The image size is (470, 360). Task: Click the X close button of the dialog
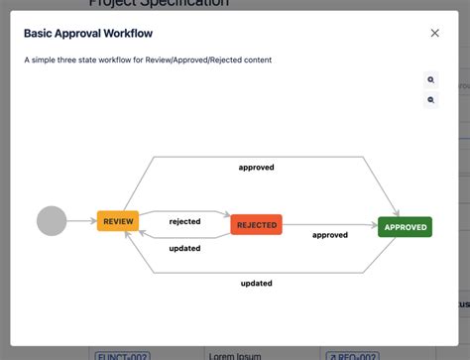[434, 33]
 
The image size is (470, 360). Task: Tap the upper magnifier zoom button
[431, 79]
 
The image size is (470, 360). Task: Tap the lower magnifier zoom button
[431, 100]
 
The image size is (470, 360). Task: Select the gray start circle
[52, 220]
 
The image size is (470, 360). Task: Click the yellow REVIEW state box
[119, 221]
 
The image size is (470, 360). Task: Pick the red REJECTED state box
[256, 225]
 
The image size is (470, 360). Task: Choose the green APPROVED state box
[405, 227]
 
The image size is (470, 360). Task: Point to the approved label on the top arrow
[256, 168]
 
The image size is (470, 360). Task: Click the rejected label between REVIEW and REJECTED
[184, 221]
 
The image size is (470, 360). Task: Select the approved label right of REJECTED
[330, 235]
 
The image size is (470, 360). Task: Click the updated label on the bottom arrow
[256, 284]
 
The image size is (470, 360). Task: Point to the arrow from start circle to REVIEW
[81, 221]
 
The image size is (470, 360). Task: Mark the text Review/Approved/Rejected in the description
[198, 60]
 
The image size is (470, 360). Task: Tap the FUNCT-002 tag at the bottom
[121, 354]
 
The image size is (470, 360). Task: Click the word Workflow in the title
[129, 33]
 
